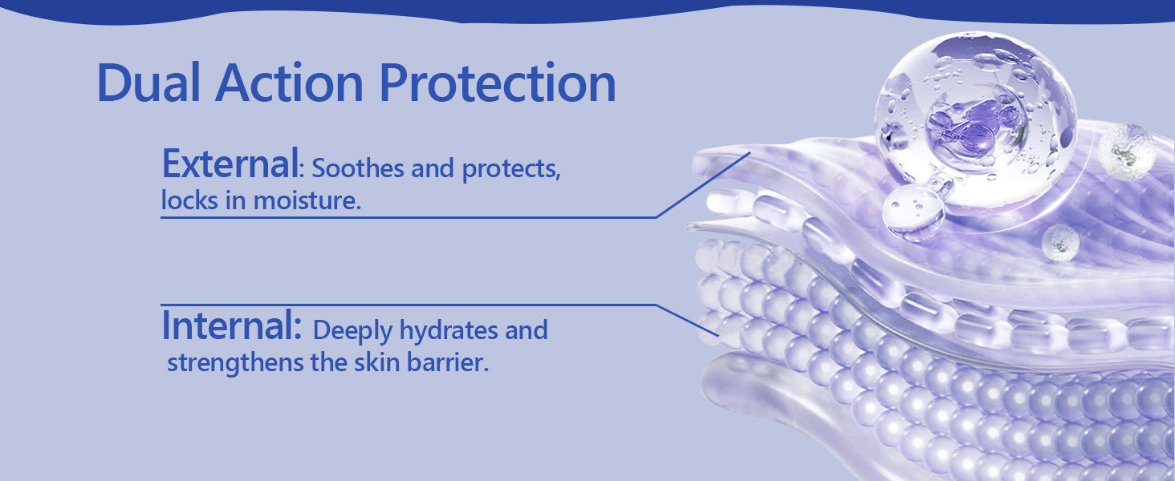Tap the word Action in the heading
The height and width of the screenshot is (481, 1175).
point(289,83)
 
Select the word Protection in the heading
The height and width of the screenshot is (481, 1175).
point(498,83)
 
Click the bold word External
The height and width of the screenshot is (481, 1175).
point(230,164)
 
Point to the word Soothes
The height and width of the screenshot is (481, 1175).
point(358,168)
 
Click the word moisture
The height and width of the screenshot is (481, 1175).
point(307,200)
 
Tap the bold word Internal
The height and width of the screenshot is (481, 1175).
point(231,325)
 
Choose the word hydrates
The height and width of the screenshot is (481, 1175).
point(449,331)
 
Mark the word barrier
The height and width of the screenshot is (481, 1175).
point(447,362)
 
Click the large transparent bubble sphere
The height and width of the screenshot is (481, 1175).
point(976,118)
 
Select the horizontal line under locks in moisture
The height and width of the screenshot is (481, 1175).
point(409,217)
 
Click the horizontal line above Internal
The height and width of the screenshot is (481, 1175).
point(409,305)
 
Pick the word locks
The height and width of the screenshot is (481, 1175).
point(189,200)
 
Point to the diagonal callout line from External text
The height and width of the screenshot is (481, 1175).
point(703,184)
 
